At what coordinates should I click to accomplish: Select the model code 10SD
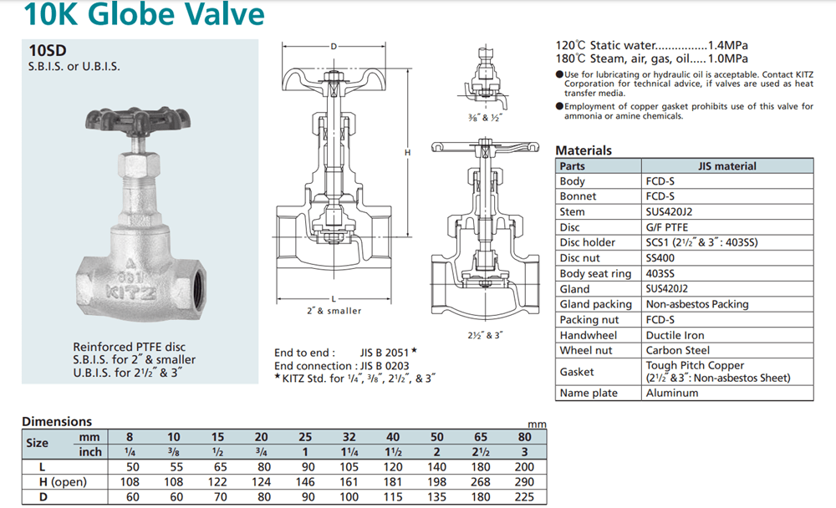(x=47, y=50)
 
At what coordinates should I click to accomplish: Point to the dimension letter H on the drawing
(x=407, y=153)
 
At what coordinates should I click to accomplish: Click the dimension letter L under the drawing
(x=334, y=298)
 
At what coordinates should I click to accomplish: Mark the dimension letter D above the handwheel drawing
(x=334, y=46)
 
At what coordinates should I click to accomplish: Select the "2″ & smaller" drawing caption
(x=334, y=311)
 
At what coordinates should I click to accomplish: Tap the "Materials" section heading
(x=584, y=150)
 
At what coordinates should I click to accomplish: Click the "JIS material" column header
(x=726, y=166)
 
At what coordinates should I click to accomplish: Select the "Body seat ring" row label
(x=595, y=273)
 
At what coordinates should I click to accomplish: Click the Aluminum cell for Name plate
(x=672, y=393)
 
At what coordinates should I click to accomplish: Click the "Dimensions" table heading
(x=57, y=422)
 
